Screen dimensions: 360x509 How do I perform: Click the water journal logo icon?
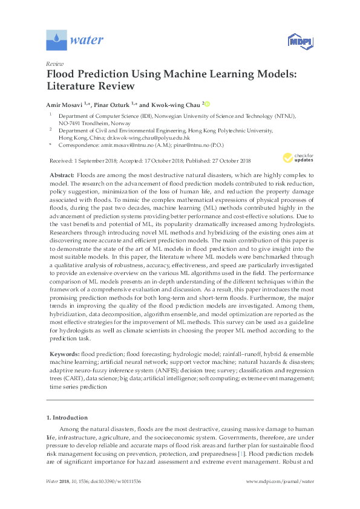pyautogui.click(x=56, y=41)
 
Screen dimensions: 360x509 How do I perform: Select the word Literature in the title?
pyautogui.click(x=75, y=86)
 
